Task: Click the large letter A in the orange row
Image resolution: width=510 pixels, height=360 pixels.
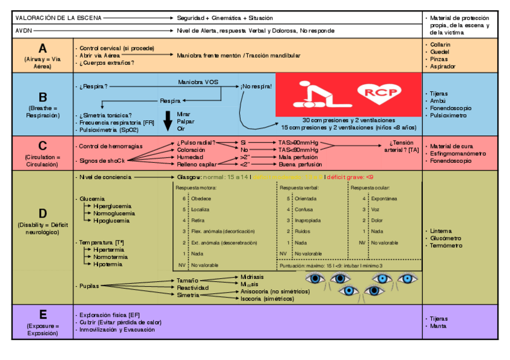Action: point(42,49)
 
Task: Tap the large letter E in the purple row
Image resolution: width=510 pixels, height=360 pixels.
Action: point(42,314)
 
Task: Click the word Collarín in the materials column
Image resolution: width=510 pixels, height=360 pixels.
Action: point(441,44)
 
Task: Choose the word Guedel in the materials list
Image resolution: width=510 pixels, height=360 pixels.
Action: point(440,52)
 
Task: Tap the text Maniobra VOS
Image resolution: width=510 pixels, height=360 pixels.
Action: point(198,81)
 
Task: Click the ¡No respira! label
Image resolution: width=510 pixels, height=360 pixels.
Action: point(256,87)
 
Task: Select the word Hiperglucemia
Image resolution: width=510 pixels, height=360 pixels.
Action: point(112,206)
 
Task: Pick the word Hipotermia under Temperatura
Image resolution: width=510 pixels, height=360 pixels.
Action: point(108,264)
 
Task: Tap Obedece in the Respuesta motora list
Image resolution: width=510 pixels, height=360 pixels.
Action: point(201,198)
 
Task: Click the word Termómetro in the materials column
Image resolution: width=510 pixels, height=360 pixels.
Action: point(446,245)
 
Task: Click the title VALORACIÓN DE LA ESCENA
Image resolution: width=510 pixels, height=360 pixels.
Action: point(58,18)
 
